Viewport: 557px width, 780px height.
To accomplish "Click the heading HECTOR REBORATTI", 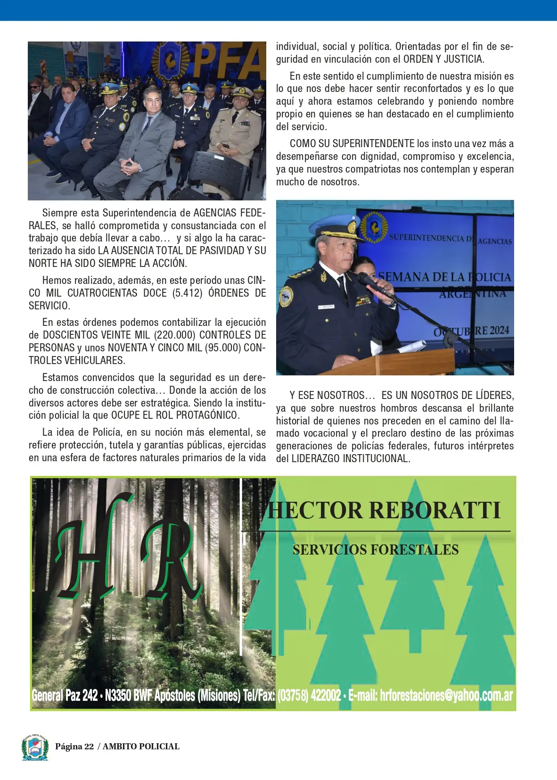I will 384,511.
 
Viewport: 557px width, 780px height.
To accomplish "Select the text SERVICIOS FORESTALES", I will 376,550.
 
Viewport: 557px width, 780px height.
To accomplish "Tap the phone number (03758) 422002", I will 309,695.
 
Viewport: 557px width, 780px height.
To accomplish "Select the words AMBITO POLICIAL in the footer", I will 141,747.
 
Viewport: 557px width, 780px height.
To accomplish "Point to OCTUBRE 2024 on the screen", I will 471,331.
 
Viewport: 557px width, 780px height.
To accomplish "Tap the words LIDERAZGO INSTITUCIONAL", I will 350,458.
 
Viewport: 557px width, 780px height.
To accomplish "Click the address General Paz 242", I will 65,695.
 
